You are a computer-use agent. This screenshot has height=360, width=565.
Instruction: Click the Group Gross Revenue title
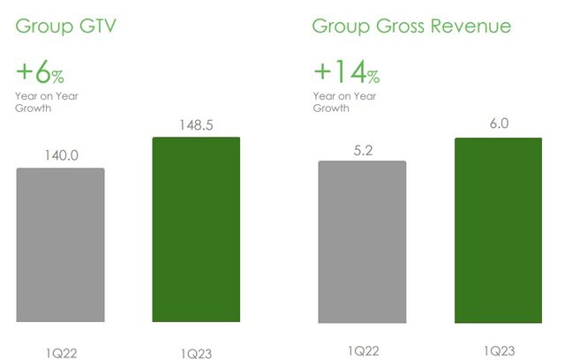pos(411,26)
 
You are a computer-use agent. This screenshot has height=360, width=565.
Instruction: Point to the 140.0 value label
pos(61,155)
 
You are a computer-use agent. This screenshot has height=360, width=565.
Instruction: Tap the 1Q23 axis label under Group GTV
pos(196,354)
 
